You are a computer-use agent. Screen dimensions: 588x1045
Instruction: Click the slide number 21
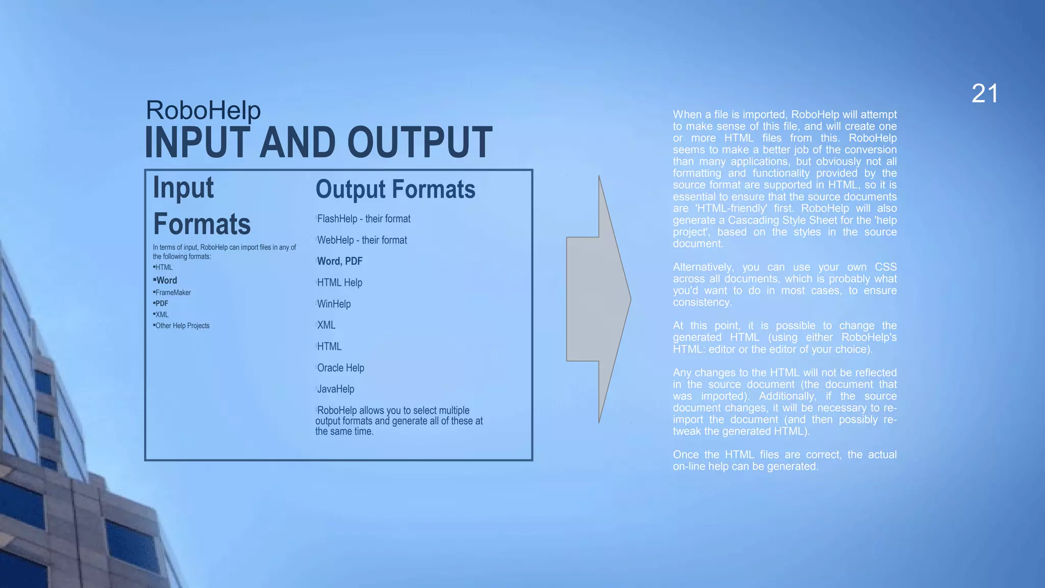pos(984,94)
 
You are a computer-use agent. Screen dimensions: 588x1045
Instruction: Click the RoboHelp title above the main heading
pos(203,110)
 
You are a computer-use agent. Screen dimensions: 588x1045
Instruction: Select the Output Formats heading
pos(395,189)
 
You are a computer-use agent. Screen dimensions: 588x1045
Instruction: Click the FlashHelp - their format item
pos(363,219)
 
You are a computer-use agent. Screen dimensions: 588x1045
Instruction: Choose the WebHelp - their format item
pos(362,240)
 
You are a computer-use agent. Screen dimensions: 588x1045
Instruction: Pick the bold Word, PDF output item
pos(339,261)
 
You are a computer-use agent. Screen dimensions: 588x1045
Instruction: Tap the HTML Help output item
pos(339,283)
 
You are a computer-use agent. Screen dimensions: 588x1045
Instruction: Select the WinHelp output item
pos(334,304)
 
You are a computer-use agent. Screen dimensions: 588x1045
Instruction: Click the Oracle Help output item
pos(340,368)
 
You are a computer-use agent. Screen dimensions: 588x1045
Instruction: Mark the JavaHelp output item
pos(335,389)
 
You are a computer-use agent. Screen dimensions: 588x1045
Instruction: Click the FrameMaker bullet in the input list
pos(173,292)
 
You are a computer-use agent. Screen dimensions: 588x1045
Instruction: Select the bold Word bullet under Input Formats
pos(166,280)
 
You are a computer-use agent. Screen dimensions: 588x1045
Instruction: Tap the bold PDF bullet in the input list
pos(162,303)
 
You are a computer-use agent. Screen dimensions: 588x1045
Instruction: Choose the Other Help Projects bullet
pos(182,326)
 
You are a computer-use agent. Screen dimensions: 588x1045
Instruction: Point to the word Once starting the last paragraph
pos(686,455)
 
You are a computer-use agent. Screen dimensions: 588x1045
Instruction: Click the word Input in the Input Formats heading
pos(183,187)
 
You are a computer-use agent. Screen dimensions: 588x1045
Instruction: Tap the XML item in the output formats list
pos(326,325)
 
